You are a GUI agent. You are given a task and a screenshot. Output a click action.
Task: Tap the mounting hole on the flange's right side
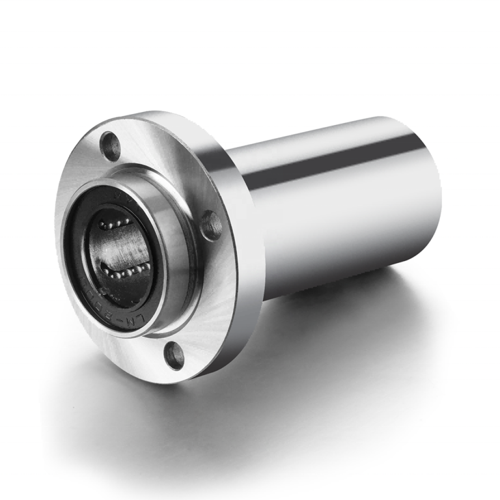click(x=211, y=225)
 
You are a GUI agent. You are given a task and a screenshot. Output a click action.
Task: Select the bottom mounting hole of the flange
click(x=174, y=354)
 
